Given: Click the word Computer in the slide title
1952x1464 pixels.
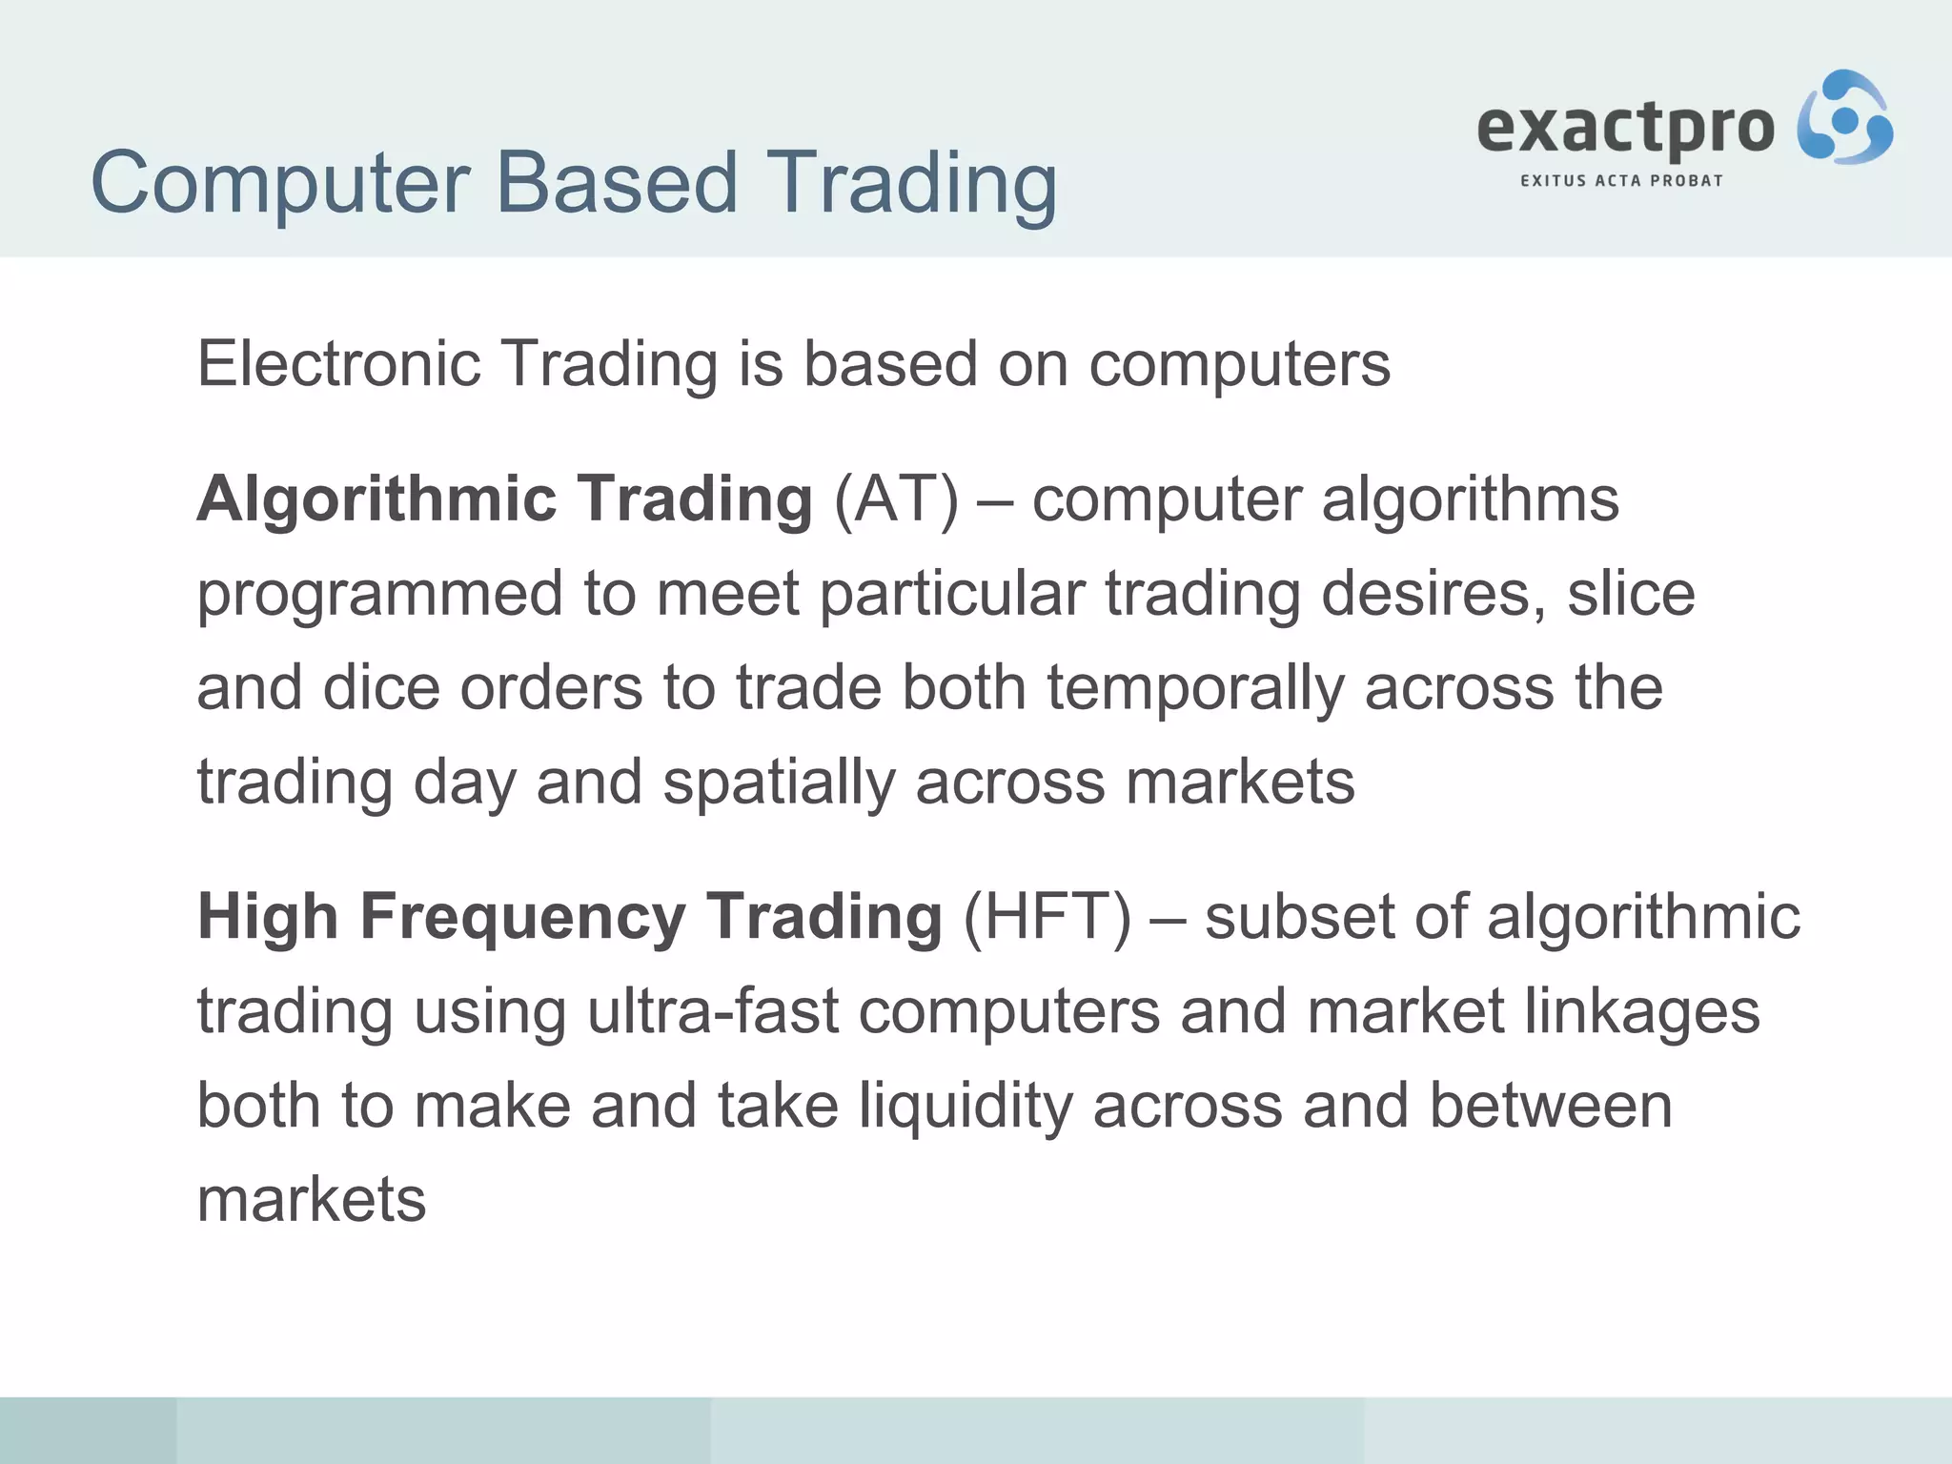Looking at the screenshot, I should click(280, 184).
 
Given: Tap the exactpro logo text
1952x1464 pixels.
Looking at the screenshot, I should click(1625, 129).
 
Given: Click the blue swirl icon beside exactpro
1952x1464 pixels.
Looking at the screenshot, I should click(1844, 118).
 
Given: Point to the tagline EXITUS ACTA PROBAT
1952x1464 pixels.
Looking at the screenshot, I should click(1621, 180).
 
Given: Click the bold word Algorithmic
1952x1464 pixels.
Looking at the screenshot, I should click(376, 499).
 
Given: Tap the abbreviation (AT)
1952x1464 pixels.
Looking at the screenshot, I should click(896, 499).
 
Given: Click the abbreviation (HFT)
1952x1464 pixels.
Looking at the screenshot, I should click(1047, 917).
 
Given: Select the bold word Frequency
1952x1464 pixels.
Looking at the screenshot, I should click(522, 917).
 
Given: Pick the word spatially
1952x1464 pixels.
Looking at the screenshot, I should click(779, 782).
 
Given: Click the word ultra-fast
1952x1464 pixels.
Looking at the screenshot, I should click(713, 1010).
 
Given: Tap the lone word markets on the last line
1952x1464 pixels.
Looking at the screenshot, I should click(312, 1199).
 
